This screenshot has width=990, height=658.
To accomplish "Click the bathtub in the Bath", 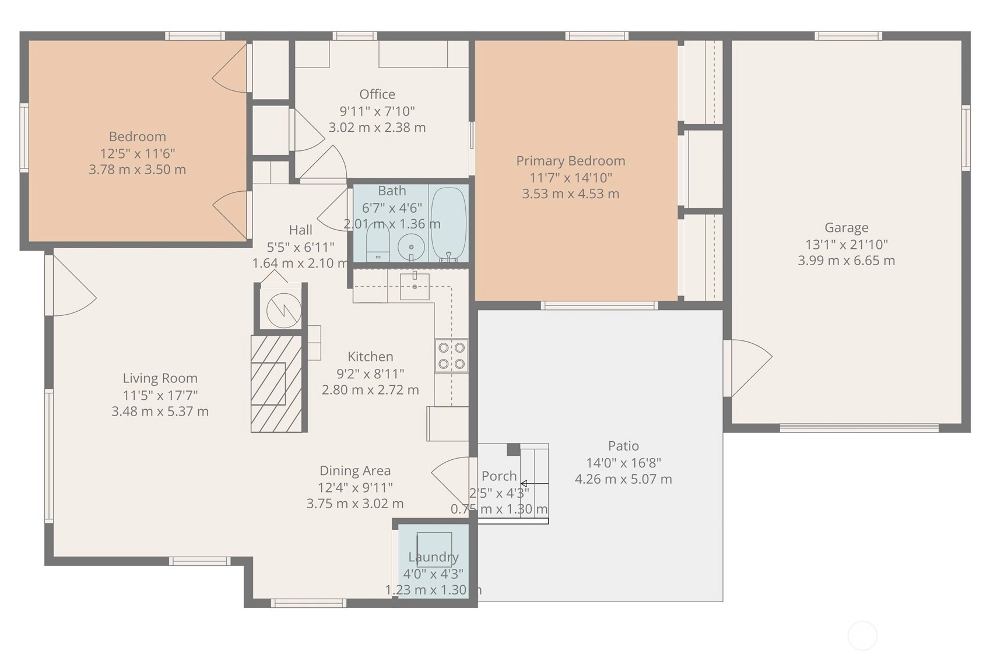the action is click(448, 224).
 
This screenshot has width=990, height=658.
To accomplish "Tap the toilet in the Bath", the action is click(378, 244).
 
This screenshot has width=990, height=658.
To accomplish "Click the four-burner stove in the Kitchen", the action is click(451, 356).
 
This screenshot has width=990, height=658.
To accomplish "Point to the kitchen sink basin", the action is click(415, 286).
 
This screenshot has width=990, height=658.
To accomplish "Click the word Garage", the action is click(847, 227).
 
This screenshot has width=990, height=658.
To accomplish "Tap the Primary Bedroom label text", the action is click(571, 161).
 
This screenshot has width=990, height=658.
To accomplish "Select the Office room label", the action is click(377, 94).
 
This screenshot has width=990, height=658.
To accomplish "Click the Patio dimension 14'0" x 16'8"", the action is click(623, 462).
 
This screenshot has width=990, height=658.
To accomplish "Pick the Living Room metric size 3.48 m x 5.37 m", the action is click(160, 411).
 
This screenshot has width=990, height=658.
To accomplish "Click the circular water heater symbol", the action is click(284, 310).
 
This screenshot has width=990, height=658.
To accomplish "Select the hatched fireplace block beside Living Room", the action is click(276, 383).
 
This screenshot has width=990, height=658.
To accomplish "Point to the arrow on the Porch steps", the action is click(534, 484).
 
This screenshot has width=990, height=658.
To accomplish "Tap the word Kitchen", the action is click(370, 357).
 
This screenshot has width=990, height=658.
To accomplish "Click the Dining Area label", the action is click(355, 471).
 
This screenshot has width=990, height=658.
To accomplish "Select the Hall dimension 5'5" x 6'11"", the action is click(300, 247).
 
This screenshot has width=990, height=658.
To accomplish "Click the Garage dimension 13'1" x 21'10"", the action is click(847, 244).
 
